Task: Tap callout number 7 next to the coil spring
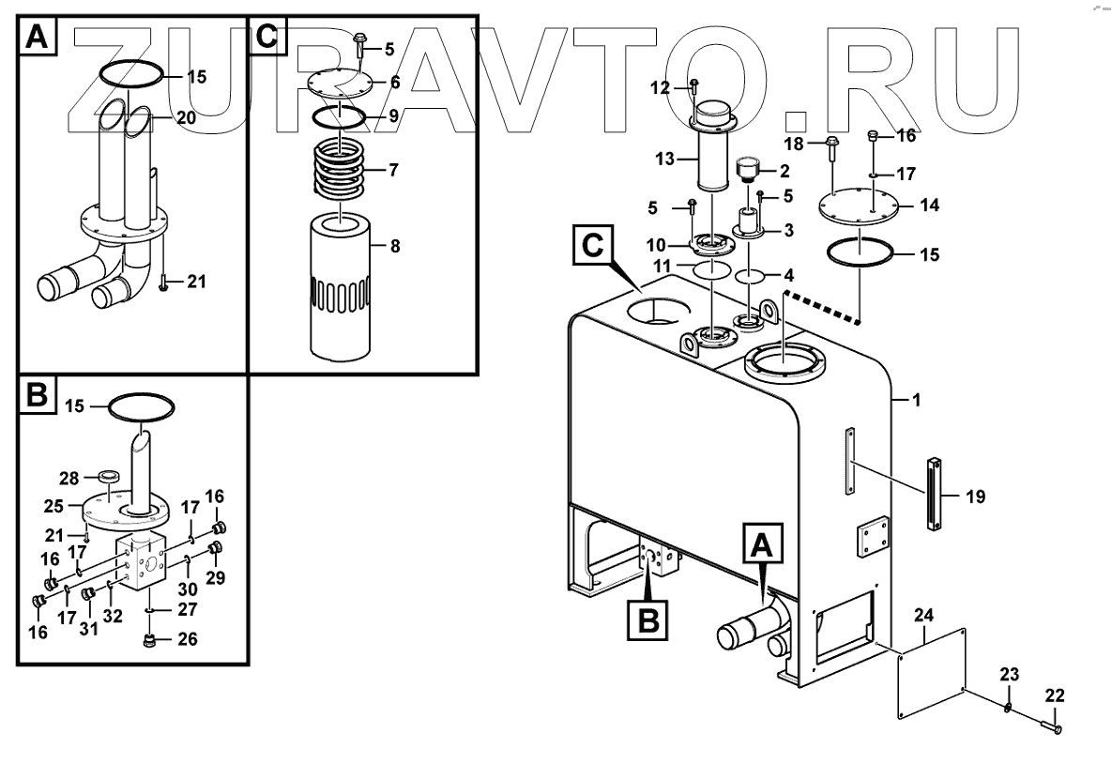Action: click(x=394, y=172)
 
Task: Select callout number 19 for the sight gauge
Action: click(x=975, y=497)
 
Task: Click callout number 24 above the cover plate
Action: click(x=924, y=616)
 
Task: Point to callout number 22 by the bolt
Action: click(x=1056, y=695)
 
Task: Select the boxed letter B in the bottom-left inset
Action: click(x=37, y=397)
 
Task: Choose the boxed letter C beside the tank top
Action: click(x=591, y=246)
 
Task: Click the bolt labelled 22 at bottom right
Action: click(x=1051, y=725)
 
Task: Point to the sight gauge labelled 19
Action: click(x=936, y=494)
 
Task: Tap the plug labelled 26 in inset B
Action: click(x=146, y=641)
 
